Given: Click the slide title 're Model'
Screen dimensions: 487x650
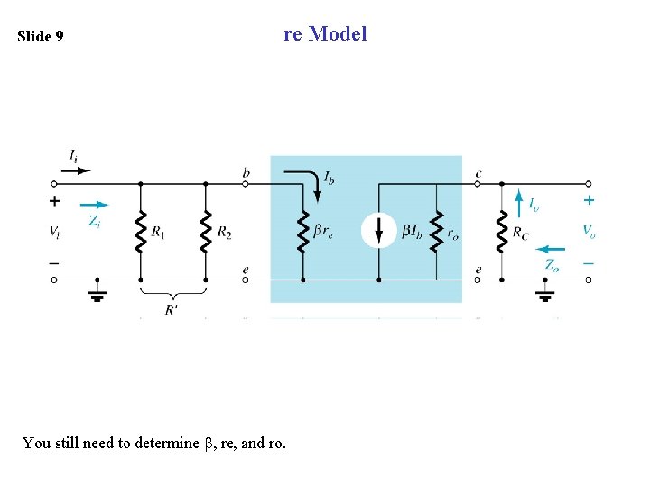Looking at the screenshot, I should click(325, 34).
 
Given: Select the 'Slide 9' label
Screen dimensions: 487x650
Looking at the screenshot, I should click(41, 37).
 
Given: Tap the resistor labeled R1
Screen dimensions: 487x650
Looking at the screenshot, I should click(141, 232).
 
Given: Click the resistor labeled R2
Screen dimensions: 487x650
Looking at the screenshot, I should click(206, 232).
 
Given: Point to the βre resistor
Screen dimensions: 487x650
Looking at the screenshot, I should click(302, 232).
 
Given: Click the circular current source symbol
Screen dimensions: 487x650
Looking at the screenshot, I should click(378, 231).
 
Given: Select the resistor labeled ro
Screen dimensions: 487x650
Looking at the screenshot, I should click(437, 232).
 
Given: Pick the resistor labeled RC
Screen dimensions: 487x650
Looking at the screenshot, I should click(501, 232).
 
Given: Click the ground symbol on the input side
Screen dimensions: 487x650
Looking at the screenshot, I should click(97, 292).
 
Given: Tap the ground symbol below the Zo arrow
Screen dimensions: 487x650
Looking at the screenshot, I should click(545, 293).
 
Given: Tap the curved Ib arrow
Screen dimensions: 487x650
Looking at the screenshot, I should click(311, 184).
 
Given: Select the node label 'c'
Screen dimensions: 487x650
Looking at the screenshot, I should click(478, 173).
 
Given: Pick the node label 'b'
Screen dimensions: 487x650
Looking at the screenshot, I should click(246, 172).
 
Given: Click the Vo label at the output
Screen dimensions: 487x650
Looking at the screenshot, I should click(589, 232).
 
